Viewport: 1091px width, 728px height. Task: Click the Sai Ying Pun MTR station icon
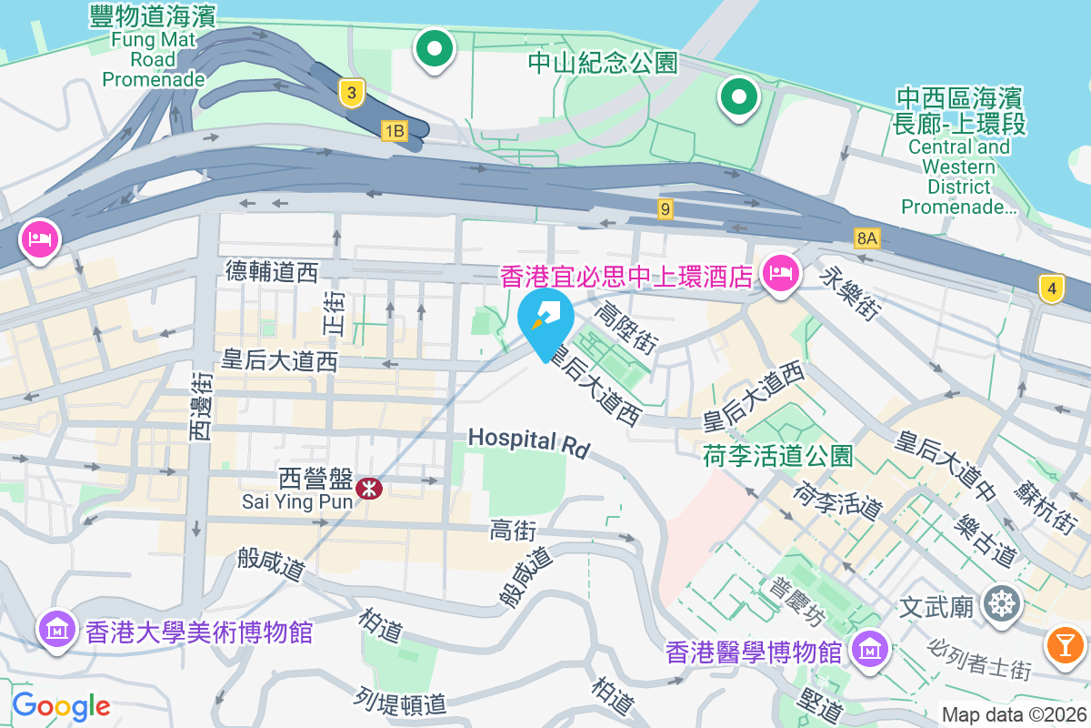click(x=369, y=489)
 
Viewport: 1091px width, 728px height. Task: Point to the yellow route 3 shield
click(x=352, y=91)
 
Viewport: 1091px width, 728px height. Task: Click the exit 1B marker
click(x=394, y=131)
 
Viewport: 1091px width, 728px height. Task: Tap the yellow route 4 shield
click(x=1052, y=289)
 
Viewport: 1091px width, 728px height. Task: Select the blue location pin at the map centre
click(x=545, y=320)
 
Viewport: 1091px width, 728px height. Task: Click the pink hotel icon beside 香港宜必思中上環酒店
click(x=781, y=271)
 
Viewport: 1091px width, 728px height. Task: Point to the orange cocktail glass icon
click(x=1066, y=644)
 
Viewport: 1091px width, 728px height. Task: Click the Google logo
click(x=61, y=705)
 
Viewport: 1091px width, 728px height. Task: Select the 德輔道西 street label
click(x=272, y=270)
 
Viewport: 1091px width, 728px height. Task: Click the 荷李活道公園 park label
click(x=777, y=455)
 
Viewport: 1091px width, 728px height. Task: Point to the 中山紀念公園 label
click(x=604, y=62)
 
